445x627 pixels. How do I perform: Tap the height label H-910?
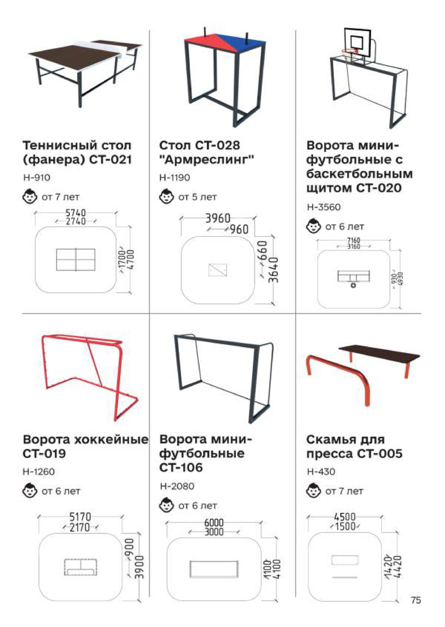tap(37, 178)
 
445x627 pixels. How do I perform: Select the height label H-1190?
tap(175, 178)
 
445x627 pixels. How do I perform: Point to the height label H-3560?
tap(324, 207)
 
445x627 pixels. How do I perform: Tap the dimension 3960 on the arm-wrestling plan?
tap(218, 218)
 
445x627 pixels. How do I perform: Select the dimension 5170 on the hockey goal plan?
tap(80, 517)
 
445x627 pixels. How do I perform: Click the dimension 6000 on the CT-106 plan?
tap(214, 523)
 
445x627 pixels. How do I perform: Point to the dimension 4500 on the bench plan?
tap(345, 517)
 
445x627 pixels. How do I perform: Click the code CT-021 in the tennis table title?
tap(111, 160)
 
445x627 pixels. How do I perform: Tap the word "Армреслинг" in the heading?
tap(207, 160)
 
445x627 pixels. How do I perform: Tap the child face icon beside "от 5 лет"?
tap(166, 197)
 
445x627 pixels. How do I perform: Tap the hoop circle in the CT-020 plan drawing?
tap(353, 285)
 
